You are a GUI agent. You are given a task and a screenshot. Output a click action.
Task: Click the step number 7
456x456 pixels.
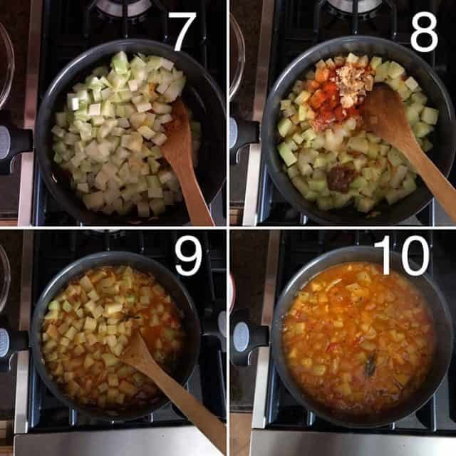click(182, 31)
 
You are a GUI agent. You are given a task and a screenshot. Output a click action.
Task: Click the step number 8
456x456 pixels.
click(423, 32)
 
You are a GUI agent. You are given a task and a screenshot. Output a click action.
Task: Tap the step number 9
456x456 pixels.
click(188, 255)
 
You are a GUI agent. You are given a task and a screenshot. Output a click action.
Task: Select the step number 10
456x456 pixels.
click(402, 255)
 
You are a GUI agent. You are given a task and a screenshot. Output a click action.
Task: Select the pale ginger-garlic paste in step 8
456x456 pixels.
click(352, 82)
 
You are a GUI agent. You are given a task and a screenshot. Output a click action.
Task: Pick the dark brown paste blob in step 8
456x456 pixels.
click(342, 177)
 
